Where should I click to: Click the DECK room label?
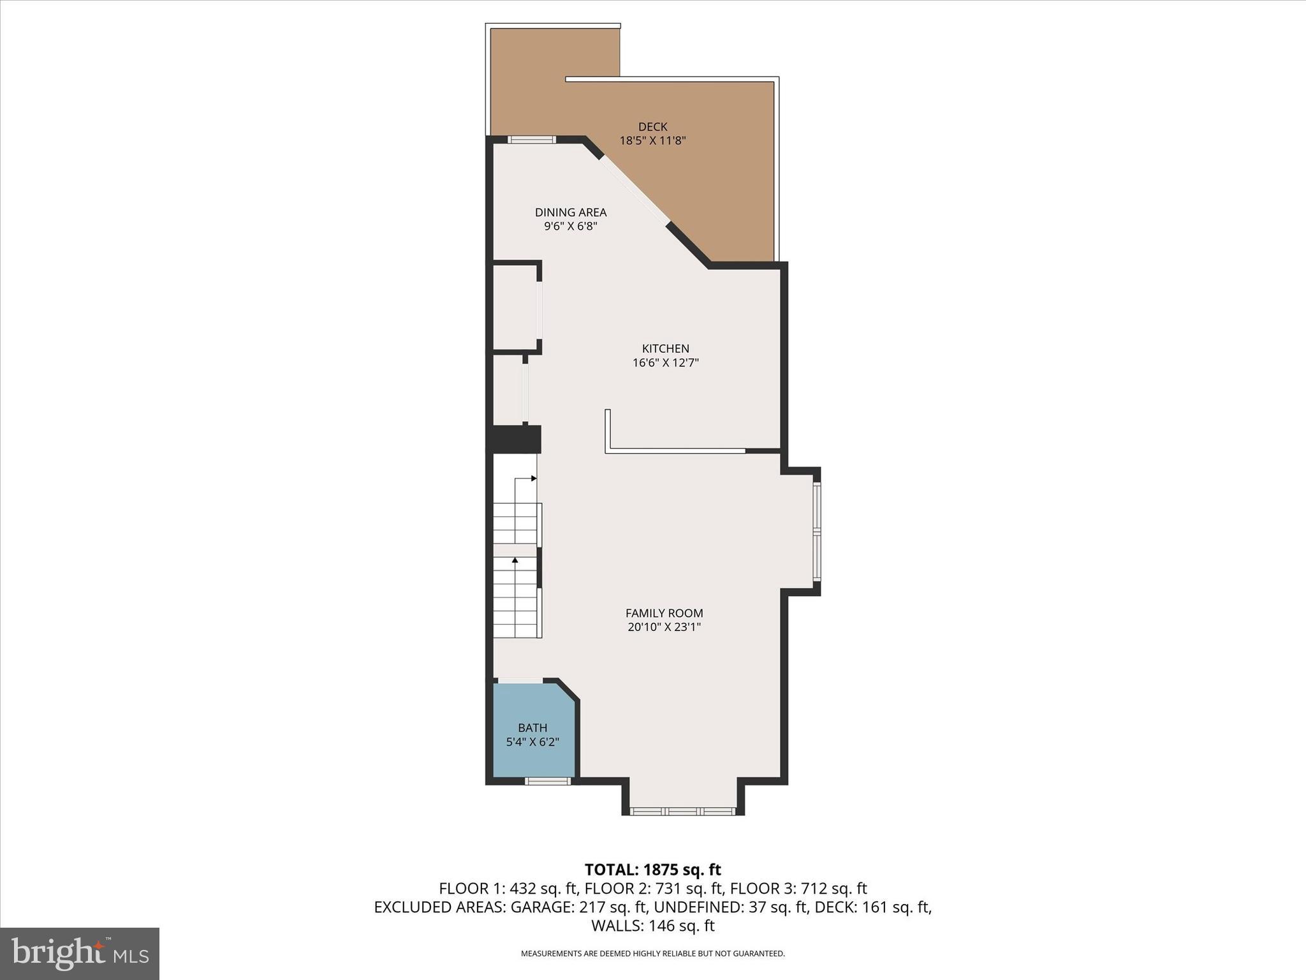tap(652, 127)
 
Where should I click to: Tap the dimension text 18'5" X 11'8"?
tap(652, 141)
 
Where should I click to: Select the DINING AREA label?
tap(570, 212)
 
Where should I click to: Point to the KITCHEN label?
tap(665, 348)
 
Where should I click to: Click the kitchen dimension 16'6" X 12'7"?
tap(665, 363)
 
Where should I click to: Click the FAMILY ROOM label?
tap(664, 613)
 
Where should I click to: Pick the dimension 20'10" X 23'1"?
tap(664, 627)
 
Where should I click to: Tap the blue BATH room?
tap(532, 734)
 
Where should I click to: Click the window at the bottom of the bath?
tap(547, 781)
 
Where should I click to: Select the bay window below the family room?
tap(683, 812)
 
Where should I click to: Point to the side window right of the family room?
tap(817, 531)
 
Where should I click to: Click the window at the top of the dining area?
tap(532, 140)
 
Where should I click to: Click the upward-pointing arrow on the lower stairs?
tap(515, 560)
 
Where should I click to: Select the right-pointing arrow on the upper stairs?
tap(533, 478)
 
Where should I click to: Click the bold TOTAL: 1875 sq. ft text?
tap(652, 870)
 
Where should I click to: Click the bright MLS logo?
tap(80, 954)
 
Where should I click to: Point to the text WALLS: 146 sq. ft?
tap(652, 926)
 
